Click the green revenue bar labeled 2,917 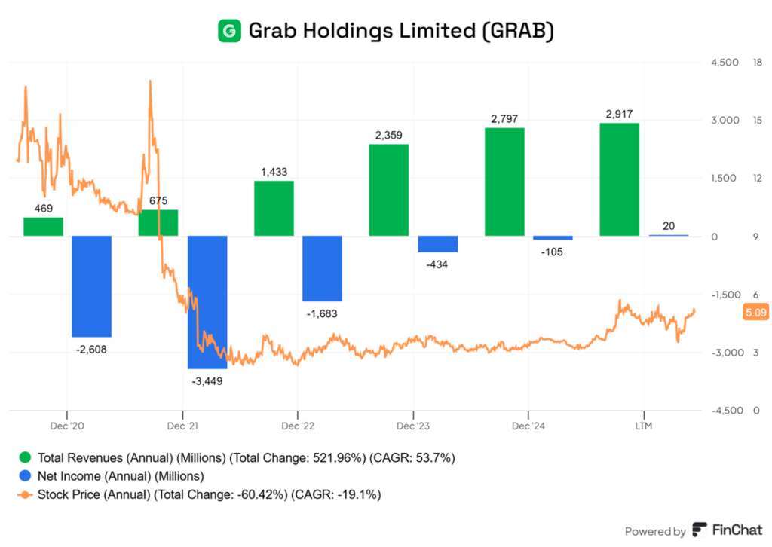click(x=619, y=179)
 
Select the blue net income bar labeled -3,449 click(x=207, y=302)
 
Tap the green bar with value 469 click(x=43, y=226)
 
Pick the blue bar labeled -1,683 click(x=322, y=268)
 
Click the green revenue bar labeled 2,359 click(x=388, y=190)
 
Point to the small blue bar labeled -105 click(x=553, y=238)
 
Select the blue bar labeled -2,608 click(x=91, y=286)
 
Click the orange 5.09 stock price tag click(x=755, y=312)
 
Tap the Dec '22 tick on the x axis click(x=298, y=426)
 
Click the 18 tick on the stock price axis click(x=758, y=63)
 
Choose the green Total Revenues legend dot click(x=26, y=457)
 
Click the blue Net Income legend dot click(x=26, y=475)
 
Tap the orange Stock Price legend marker click(x=26, y=494)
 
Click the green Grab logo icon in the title click(x=228, y=31)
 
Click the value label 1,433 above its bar click(x=274, y=172)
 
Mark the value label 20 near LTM click(x=669, y=226)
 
